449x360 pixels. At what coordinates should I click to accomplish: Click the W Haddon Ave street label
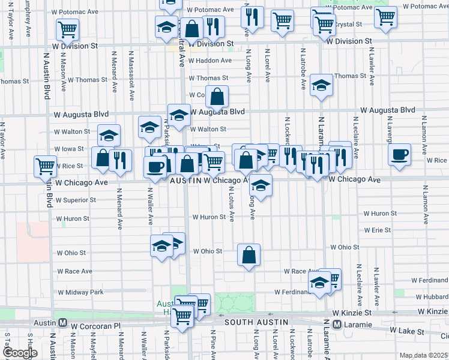[209, 61]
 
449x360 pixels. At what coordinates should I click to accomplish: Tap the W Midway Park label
[81, 292]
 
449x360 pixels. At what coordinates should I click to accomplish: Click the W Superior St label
[76, 200]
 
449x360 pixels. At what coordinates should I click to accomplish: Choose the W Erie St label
[377, 230]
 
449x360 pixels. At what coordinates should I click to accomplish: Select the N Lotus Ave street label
[231, 202]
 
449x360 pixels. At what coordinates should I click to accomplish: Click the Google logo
[20, 353]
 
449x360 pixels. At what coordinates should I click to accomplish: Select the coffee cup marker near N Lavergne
[399, 155]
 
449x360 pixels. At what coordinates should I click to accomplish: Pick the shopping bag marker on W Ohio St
[249, 256]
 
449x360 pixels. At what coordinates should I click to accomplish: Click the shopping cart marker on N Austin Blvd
[45, 166]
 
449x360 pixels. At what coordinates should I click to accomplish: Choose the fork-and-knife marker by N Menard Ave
[121, 161]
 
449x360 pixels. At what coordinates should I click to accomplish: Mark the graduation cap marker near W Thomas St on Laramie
[321, 86]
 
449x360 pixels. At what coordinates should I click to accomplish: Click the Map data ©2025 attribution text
[423, 355]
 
